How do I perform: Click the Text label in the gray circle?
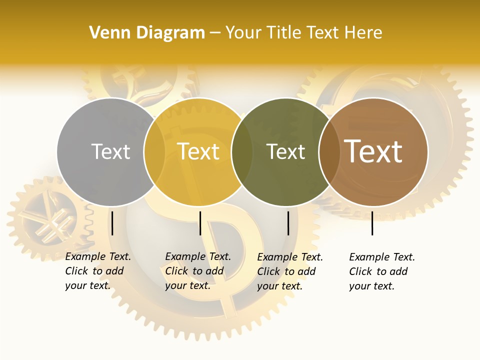click(110, 151)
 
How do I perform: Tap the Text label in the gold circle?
click(198, 151)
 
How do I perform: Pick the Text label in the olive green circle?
click(285, 151)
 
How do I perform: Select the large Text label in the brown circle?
click(373, 151)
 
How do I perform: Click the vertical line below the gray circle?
click(112, 223)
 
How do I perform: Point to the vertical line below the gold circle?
click(200, 223)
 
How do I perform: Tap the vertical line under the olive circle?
click(288, 223)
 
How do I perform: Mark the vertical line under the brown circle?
click(372, 223)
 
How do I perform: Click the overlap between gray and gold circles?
click(154, 151)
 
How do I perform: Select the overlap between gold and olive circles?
click(242, 151)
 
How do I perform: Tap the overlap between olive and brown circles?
click(329, 151)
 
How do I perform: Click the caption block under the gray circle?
click(97, 271)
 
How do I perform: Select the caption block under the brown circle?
click(381, 271)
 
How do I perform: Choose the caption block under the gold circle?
click(197, 271)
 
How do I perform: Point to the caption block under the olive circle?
click(289, 271)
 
